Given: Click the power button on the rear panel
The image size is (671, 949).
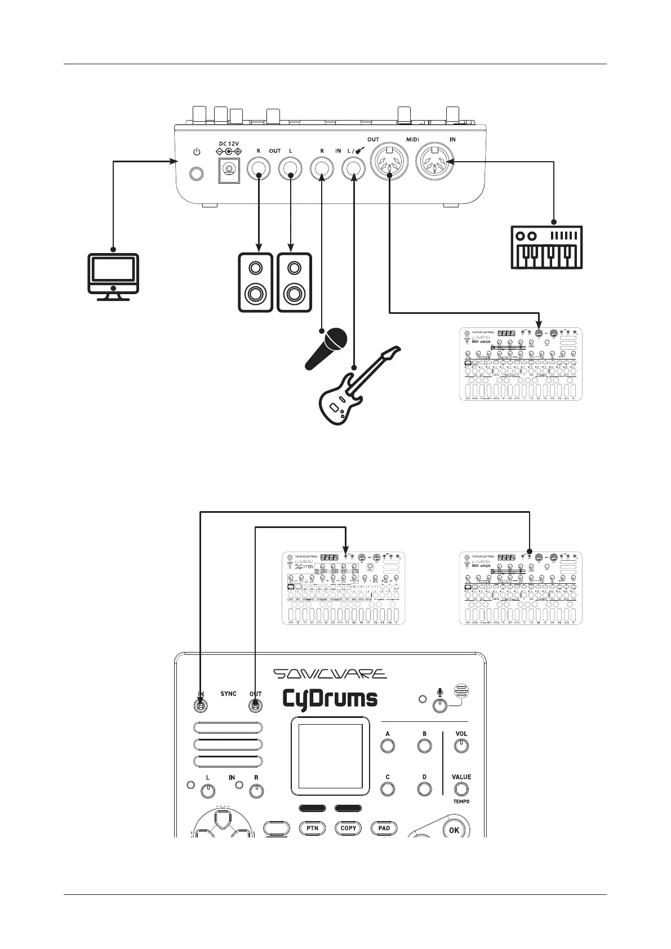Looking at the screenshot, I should pyautogui.click(x=195, y=174).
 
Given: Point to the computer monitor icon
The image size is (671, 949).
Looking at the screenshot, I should pyautogui.click(x=113, y=276).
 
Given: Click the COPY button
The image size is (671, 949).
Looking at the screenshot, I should pyautogui.click(x=348, y=828).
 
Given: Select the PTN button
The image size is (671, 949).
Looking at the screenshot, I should pyautogui.click(x=312, y=828).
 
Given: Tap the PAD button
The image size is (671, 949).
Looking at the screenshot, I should pyautogui.click(x=384, y=828).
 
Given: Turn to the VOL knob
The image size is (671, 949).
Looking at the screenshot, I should pyautogui.click(x=461, y=746).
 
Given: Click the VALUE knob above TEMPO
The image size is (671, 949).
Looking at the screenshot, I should pyautogui.click(x=461, y=789).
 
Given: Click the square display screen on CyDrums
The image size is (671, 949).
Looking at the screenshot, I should pyautogui.click(x=330, y=755).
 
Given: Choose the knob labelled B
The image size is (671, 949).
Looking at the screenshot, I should pyautogui.click(x=424, y=746).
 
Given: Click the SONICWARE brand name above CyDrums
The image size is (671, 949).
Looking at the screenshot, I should pyautogui.click(x=330, y=674).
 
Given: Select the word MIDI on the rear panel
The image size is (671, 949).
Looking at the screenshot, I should pyautogui.click(x=413, y=140).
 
